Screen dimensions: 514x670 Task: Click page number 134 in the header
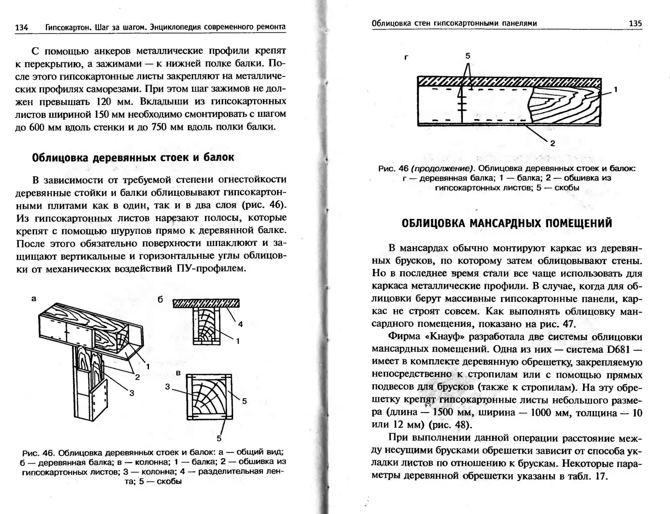[22, 27]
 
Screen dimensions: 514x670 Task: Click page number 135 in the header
[635, 24]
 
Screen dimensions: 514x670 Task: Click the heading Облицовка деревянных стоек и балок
[133, 158]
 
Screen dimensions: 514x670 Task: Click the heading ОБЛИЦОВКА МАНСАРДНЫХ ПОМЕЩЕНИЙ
[507, 223]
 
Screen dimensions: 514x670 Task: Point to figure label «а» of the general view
[34, 299]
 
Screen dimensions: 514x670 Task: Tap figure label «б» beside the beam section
[160, 300]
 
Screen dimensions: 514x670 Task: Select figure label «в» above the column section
[178, 373]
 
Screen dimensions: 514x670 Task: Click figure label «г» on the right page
[406, 58]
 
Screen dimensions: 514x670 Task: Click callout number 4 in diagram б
[240, 324]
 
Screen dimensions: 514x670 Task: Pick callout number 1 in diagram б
[238, 341]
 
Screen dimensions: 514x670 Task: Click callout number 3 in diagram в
[167, 387]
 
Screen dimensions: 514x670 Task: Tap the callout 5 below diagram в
[219, 438]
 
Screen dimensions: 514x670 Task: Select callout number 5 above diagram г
[468, 56]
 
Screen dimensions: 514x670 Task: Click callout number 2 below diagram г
[553, 143]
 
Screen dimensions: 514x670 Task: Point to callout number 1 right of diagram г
[616, 89]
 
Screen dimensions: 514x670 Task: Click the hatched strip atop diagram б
[206, 303]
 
